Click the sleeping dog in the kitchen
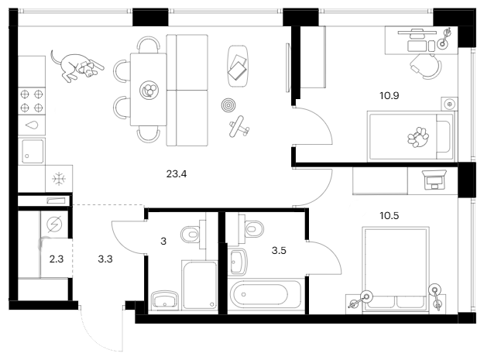click(x=77, y=67)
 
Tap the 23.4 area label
click(x=177, y=174)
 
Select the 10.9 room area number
click(x=390, y=96)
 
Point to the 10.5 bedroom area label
click(x=390, y=216)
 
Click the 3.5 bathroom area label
click(x=279, y=251)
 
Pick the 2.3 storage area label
click(x=57, y=259)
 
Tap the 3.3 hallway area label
click(x=105, y=259)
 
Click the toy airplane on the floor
click(x=239, y=126)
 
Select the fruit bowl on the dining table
click(x=149, y=90)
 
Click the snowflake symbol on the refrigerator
click(x=59, y=179)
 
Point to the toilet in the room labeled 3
click(x=194, y=235)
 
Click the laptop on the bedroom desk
click(x=435, y=180)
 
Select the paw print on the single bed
click(x=418, y=137)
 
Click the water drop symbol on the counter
click(x=32, y=125)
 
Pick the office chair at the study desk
click(x=427, y=66)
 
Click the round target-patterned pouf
click(x=228, y=105)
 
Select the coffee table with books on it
click(x=238, y=67)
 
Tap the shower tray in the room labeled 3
click(x=200, y=286)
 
